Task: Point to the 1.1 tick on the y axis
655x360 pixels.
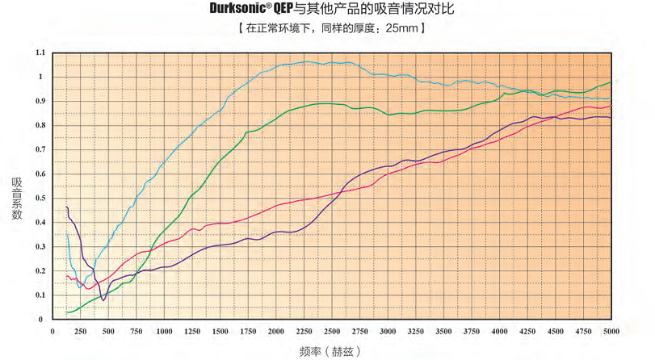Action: tap(40, 53)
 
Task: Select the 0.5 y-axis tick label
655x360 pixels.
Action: tap(40, 199)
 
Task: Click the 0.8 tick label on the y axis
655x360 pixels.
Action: tap(40, 126)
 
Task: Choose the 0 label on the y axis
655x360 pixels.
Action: tap(43, 320)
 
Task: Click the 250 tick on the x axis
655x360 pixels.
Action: tap(81, 331)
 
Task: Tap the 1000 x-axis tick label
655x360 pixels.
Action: tap(164, 331)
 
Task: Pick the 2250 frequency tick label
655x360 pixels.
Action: tap(304, 331)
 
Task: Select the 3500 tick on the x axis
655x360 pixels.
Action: tap(443, 331)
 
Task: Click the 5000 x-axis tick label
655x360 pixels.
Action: tap(611, 331)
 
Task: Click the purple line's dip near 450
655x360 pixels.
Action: tap(103, 300)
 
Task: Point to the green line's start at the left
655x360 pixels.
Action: tap(67, 312)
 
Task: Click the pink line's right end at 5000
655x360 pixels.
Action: tap(611, 105)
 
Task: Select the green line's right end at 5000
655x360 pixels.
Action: tap(611, 82)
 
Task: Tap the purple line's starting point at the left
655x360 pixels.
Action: tap(66, 207)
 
